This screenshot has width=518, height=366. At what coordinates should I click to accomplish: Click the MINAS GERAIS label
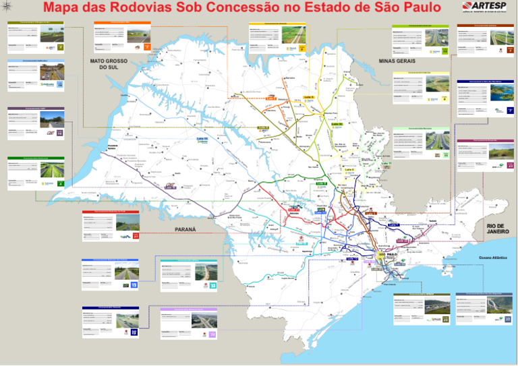(x=397, y=61)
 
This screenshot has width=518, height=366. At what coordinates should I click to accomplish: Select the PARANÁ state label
(x=185, y=230)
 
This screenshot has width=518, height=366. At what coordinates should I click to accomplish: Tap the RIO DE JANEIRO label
(x=498, y=228)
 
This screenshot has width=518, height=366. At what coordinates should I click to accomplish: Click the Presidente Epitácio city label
(x=113, y=144)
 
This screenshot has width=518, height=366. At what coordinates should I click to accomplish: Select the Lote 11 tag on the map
(x=386, y=164)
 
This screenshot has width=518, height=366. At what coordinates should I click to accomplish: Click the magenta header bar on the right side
(x=486, y=140)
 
